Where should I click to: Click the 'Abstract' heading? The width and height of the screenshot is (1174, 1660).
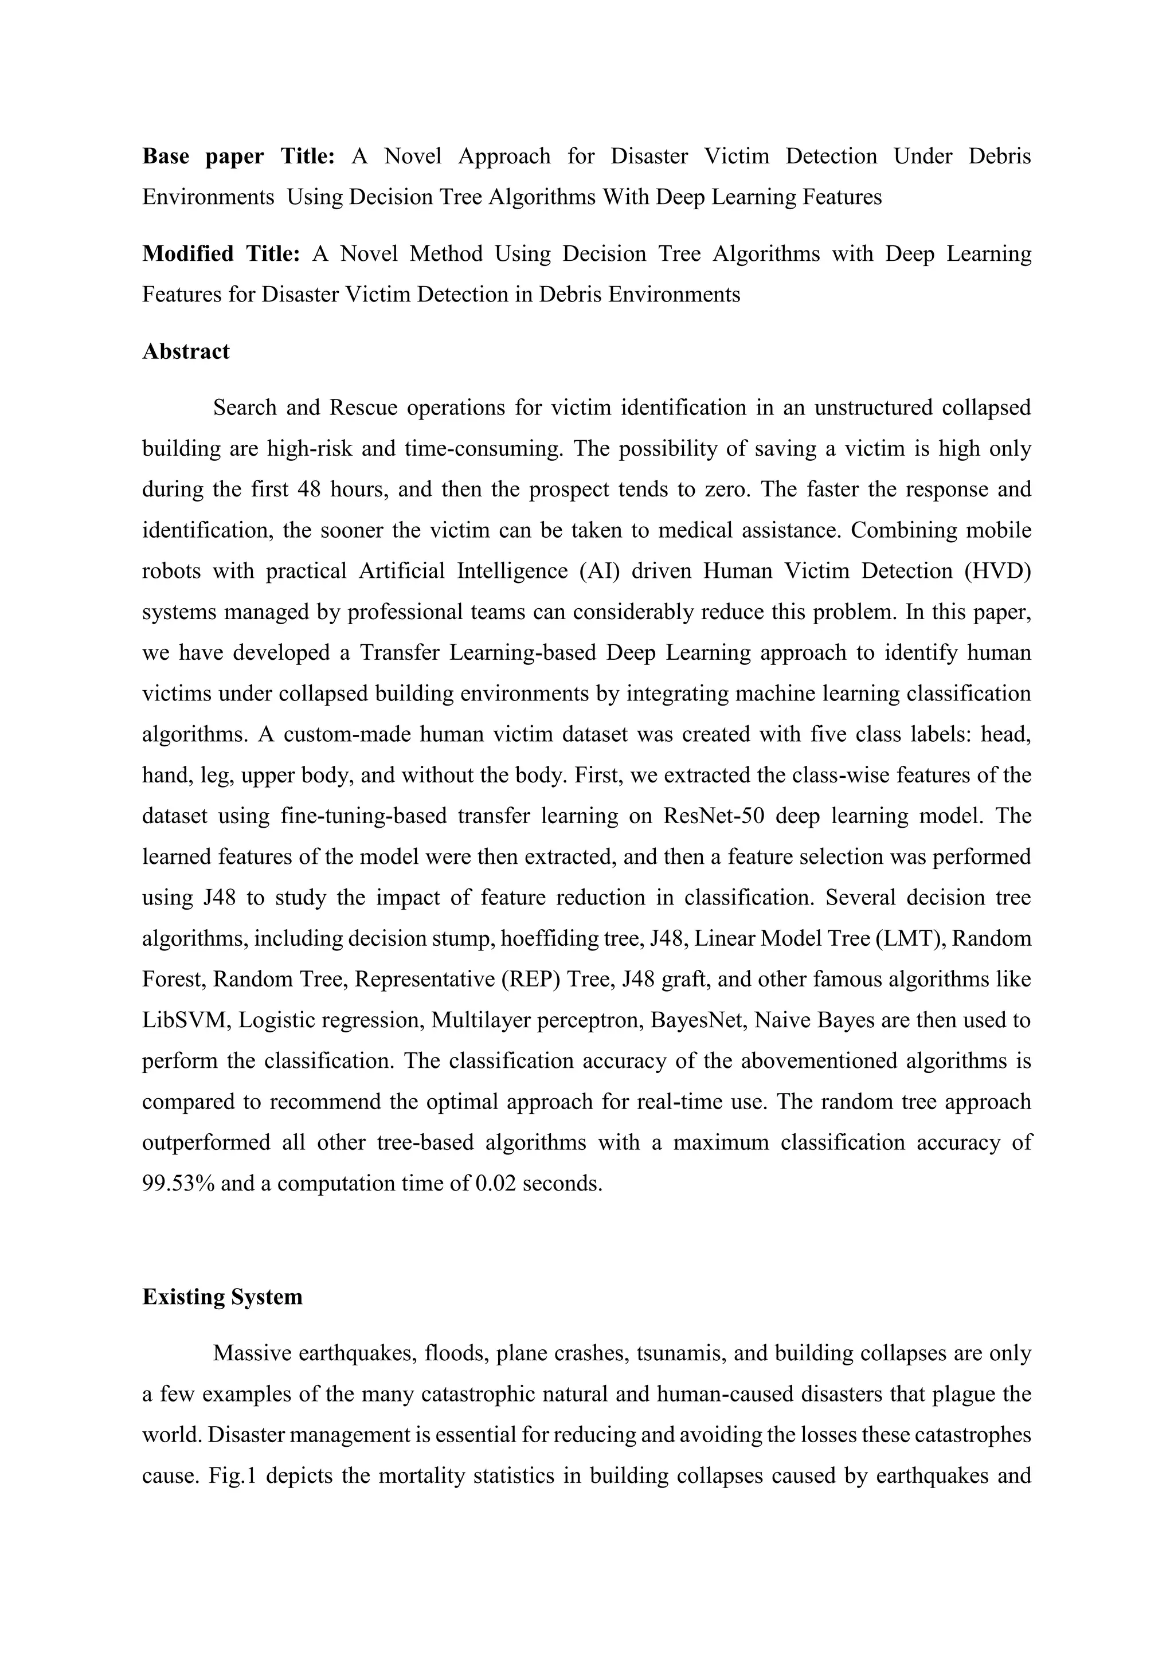point(186,351)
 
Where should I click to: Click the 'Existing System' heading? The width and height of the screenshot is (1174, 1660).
point(222,1297)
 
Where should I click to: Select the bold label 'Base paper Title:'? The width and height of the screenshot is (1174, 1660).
point(238,156)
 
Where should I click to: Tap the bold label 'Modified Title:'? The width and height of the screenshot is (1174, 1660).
point(221,254)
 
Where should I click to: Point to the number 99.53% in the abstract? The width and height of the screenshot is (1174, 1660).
point(178,1184)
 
